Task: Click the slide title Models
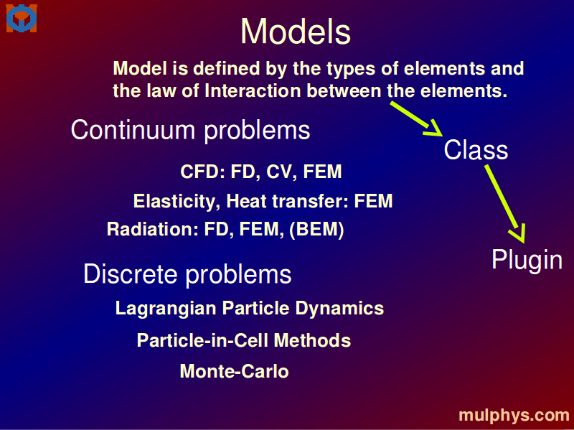pyautogui.click(x=296, y=32)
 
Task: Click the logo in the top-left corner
pyautogui.click(x=22, y=19)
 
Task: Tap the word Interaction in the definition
pyautogui.click(x=253, y=90)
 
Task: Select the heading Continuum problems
pyautogui.click(x=190, y=130)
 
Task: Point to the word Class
pyautogui.click(x=476, y=150)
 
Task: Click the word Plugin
pyautogui.click(x=527, y=261)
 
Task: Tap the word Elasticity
pyautogui.click(x=177, y=202)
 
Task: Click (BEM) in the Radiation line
pyautogui.click(x=316, y=230)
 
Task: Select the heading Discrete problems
pyautogui.click(x=187, y=274)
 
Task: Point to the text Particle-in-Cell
pyautogui.click(x=203, y=341)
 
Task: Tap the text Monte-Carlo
pyautogui.click(x=235, y=371)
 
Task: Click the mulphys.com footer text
pyautogui.click(x=514, y=416)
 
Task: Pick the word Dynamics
pyautogui.click(x=339, y=309)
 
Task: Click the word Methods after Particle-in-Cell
pyautogui.click(x=312, y=341)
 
